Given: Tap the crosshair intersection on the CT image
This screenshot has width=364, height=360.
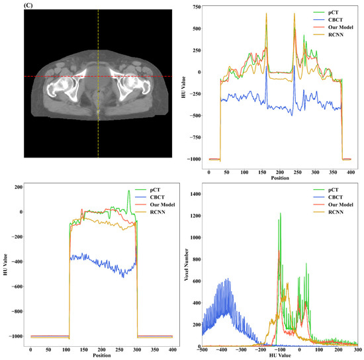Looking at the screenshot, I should pyautogui.click(x=98, y=76).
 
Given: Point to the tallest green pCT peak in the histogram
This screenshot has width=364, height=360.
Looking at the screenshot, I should pyautogui.click(x=280, y=213).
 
